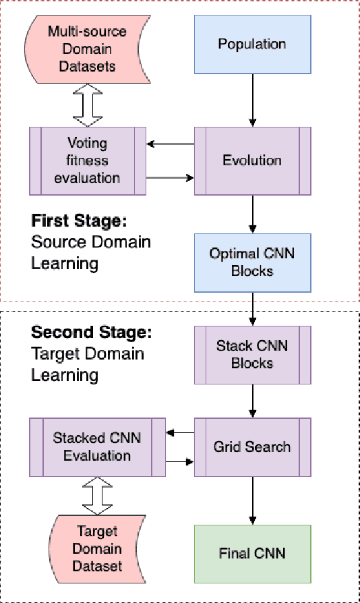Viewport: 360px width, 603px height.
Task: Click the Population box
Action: (252, 44)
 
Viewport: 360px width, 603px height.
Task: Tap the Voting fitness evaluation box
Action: (88, 161)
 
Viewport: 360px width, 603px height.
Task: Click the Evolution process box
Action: (252, 161)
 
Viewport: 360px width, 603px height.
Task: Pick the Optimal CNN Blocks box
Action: (252, 262)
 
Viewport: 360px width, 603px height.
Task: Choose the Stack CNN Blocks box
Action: (252, 355)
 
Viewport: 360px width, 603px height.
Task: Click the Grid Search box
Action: (252, 447)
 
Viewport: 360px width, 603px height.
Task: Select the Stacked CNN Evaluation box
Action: (97, 447)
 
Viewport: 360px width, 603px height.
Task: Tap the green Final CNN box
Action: (252, 554)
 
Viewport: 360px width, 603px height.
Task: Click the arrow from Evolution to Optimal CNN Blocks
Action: (252, 214)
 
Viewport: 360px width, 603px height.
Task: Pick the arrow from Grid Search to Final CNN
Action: (252, 500)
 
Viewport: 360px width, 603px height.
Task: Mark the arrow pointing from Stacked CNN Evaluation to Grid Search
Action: (179, 462)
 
